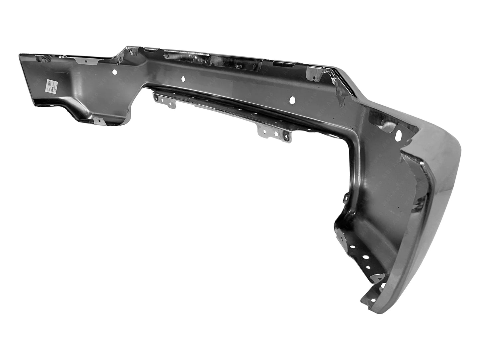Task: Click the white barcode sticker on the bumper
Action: tap(51, 85)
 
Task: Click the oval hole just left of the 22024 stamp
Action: tap(183, 79)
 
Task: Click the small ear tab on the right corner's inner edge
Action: tap(345, 197)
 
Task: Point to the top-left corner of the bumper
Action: tap(21, 54)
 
